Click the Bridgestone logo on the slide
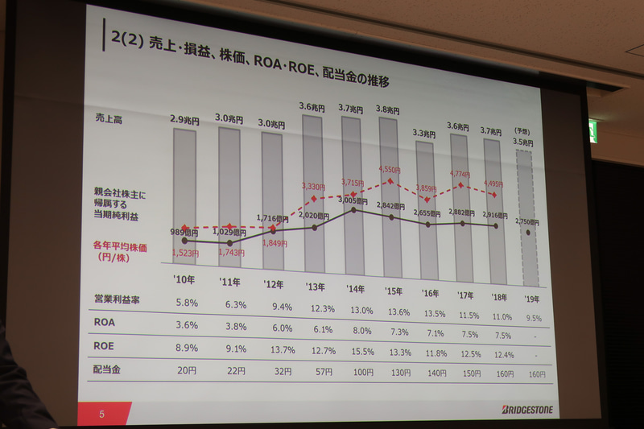pos(524,409)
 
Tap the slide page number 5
pos(102,415)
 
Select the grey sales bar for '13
pos(313,193)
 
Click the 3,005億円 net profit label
pos(353,199)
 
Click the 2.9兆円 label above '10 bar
pos(184,120)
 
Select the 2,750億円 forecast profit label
pos(527,222)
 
